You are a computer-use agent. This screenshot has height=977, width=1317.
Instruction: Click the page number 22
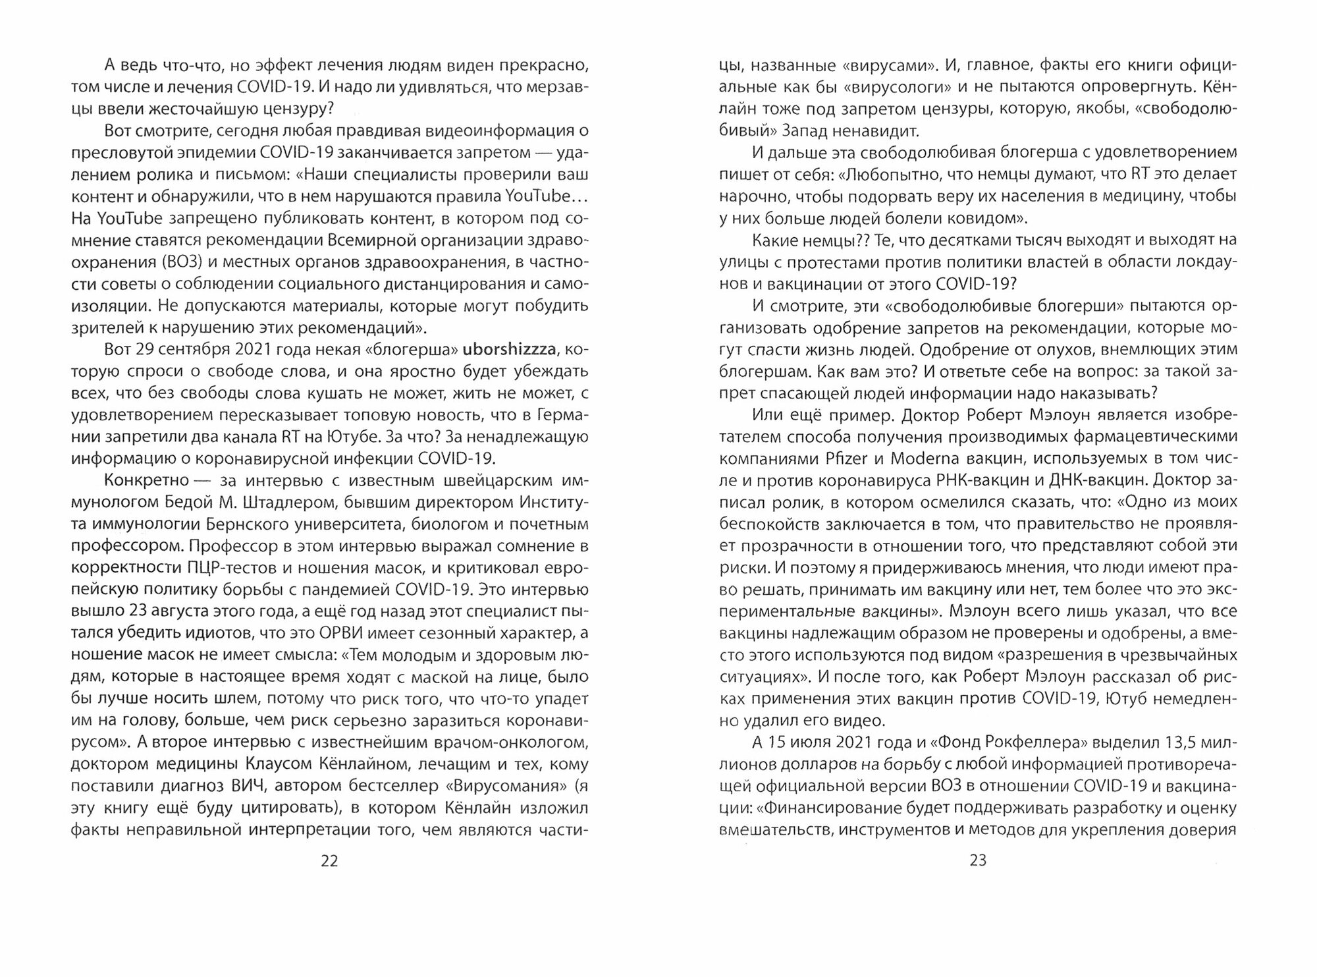pyautogui.click(x=329, y=861)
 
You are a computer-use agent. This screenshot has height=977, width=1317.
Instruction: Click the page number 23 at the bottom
pyautogui.click(x=978, y=861)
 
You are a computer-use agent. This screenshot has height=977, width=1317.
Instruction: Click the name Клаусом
pyautogui.click(x=281, y=764)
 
